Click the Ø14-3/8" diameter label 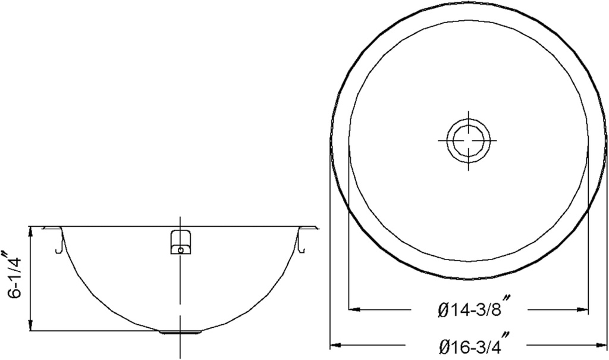coord(474,310)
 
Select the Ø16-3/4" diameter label coord(474,345)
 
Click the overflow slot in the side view coord(180,242)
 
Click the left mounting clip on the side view coord(60,242)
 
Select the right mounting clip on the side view coord(301,242)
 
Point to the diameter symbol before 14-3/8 coord(443,311)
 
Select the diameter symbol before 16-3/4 coord(443,346)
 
